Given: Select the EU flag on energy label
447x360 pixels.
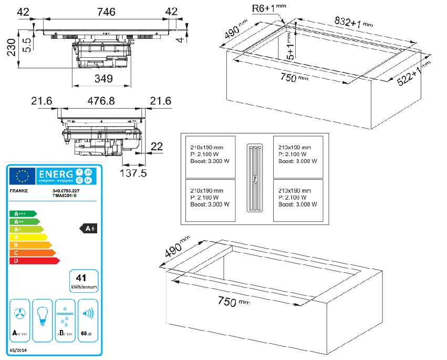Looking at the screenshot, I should [x=23, y=175].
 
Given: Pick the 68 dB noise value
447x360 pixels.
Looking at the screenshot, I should [x=86, y=333].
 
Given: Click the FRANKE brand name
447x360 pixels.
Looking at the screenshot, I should [x=19, y=192].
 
